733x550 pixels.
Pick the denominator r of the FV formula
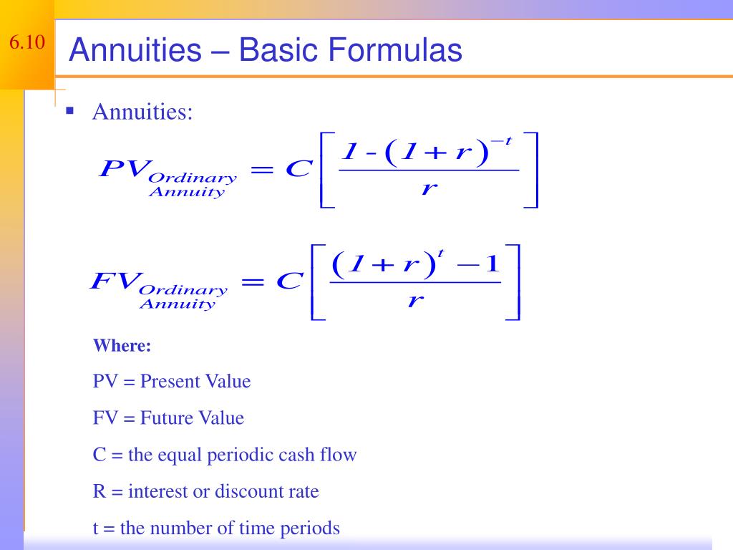(413, 301)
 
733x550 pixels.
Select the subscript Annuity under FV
(177, 304)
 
